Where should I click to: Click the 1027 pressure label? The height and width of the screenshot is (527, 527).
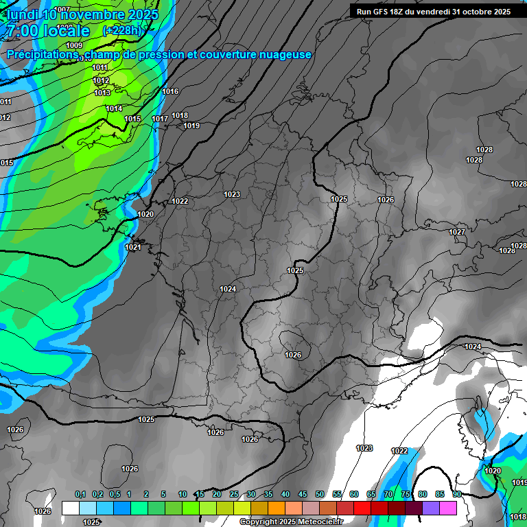[x=457, y=232]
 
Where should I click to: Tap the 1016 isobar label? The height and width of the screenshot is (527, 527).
[x=170, y=91]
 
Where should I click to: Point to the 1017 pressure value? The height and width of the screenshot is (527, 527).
[x=160, y=119]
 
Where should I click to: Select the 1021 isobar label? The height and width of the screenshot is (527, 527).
[x=133, y=247]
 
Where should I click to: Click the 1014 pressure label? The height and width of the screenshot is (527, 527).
[x=114, y=108]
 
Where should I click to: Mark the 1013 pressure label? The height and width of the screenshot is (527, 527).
[x=102, y=93]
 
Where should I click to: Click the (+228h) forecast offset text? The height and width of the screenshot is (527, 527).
[x=121, y=30]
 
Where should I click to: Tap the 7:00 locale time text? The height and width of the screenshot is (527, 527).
[x=48, y=31]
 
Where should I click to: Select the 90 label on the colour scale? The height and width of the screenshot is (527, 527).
[x=456, y=494]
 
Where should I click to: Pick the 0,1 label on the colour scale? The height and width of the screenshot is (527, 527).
[x=80, y=494]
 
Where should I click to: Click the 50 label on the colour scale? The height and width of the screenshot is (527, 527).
[x=320, y=494]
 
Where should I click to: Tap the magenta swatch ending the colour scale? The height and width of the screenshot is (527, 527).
[x=448, y=508]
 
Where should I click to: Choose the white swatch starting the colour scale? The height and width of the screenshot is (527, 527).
[x=70, y=508]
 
